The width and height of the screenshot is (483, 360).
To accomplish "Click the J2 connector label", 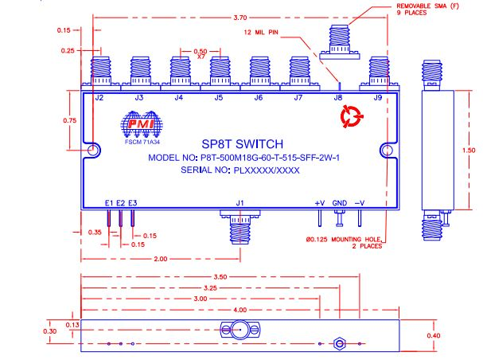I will [x=99, y=98].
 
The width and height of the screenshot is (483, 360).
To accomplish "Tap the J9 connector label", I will [x=378, y=98].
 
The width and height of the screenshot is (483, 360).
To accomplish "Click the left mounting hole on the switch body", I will [x=94, y=149].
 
